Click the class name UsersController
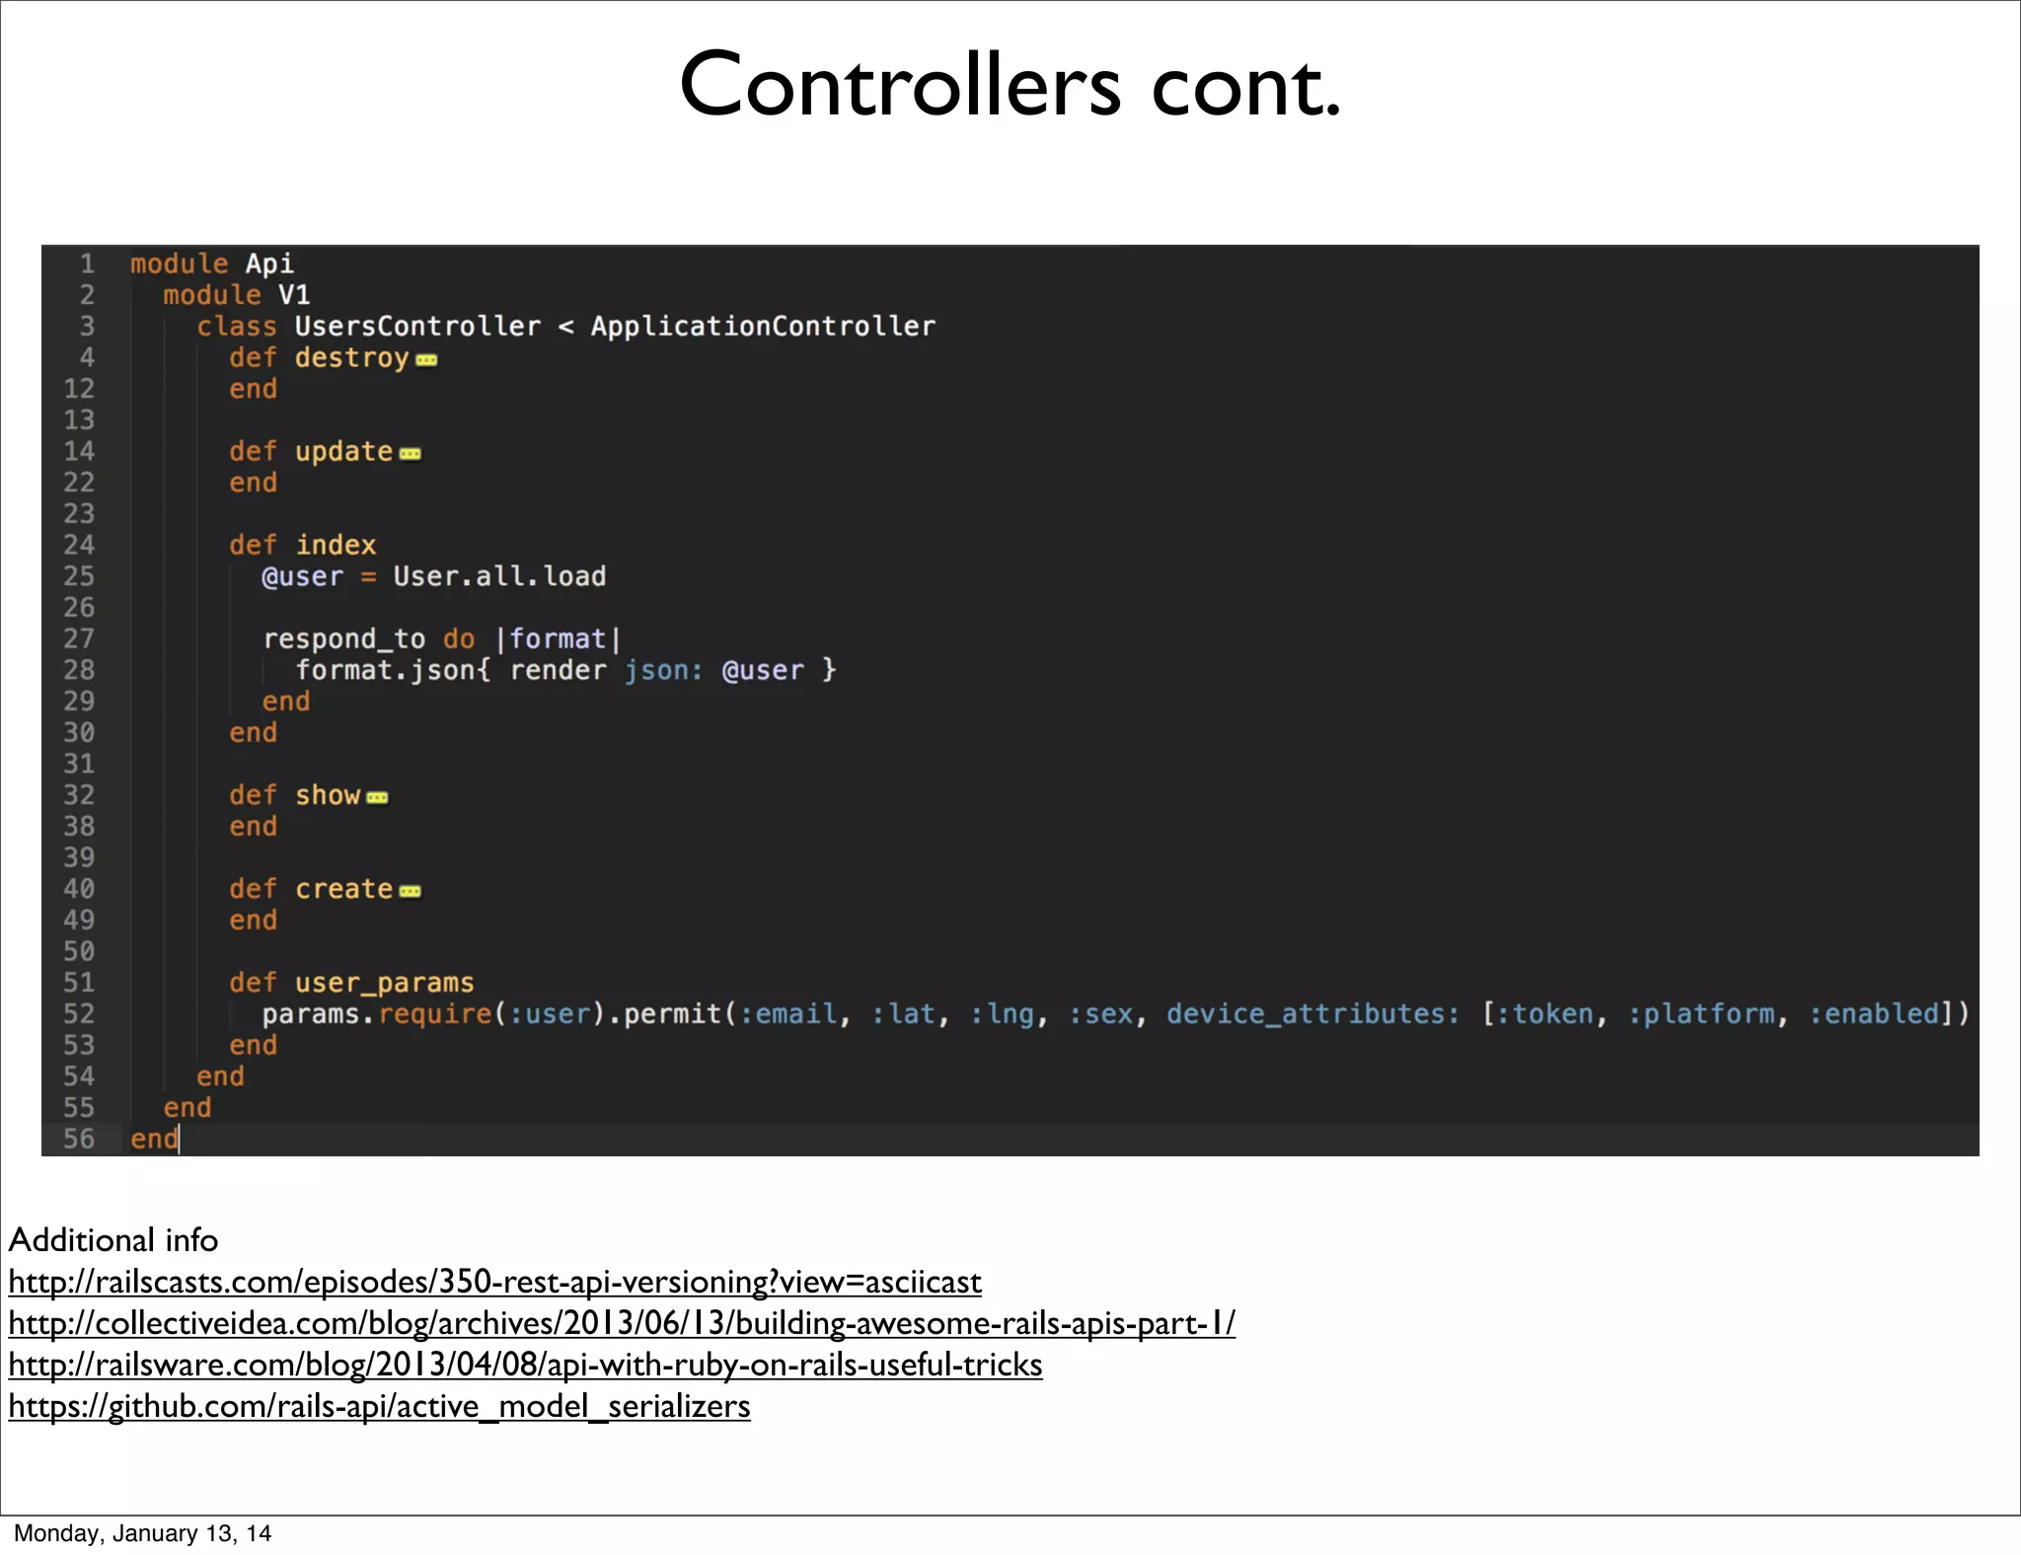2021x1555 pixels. tap(417, 327)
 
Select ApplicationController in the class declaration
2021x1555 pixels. tap(763, 327)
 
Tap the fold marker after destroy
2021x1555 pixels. tap(426, 360)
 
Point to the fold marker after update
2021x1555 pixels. tap(410, 454)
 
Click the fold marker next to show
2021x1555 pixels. tap(377, 797)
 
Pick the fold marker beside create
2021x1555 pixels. tap(410, 891)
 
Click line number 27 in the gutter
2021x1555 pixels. tap(79, 639)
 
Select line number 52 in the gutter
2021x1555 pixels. tap(79, 1014)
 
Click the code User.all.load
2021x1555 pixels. tap(499, 576)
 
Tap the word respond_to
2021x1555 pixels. tap(343, 639)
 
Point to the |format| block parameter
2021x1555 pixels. tap(558, 639)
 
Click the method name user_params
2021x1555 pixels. tap(384, 983)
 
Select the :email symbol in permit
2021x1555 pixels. tap(788, 1014)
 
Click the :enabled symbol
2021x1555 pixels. tap(1874, 1014)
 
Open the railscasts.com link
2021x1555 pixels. tap(494, 1282)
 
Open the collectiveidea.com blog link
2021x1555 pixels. tap(622, 1323)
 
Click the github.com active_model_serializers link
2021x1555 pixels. tap(379, 1406)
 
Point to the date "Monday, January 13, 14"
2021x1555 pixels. tap(142, 1533)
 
